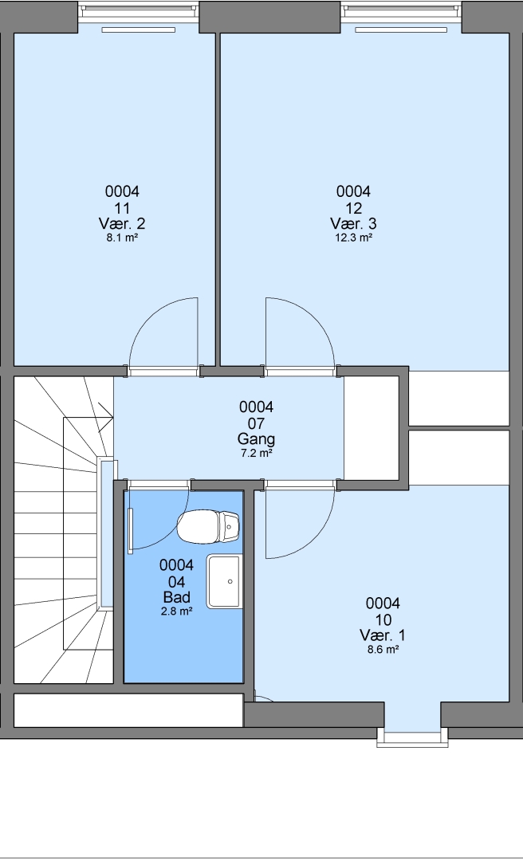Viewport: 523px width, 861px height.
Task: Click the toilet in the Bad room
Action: pyautogui.click(x=208, y=525)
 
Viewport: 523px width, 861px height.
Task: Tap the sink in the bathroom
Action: pyautogui.click(x=225, y=581)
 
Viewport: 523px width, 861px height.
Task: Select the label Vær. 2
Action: pyautogui.click(x=122, y=224)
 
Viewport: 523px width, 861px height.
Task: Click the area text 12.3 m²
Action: pyautogui.click(x=354, y=238)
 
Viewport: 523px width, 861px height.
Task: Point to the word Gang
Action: pyautogui.click(x=256, y=439)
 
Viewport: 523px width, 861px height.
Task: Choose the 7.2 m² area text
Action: pyautogui.click(x=256, y=454)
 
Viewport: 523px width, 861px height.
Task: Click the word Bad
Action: pyautogui.click(x=176, y=597)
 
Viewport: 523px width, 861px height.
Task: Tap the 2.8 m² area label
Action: pyautogui.click(x=176, y=611)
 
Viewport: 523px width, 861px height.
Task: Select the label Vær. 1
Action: pyautogui.click(x=383, y=636)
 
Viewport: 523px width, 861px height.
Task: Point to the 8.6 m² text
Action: pyautogui.click(x=383, y=650)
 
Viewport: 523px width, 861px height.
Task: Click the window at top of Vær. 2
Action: pyautogui.click(x=138, y=11)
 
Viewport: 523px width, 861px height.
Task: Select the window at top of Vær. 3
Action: pyautogui.click(x=401, y=11)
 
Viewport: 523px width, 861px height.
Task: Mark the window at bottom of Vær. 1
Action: pyautogui.click(x=412, y=737)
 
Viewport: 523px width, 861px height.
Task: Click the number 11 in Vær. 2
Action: pyautogui.click(x=122, y=208)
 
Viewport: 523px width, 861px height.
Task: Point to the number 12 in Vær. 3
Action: pyautogui.click(x=354, y=208)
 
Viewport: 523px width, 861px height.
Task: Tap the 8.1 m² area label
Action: pyautogui.click(x=122, y=238)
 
